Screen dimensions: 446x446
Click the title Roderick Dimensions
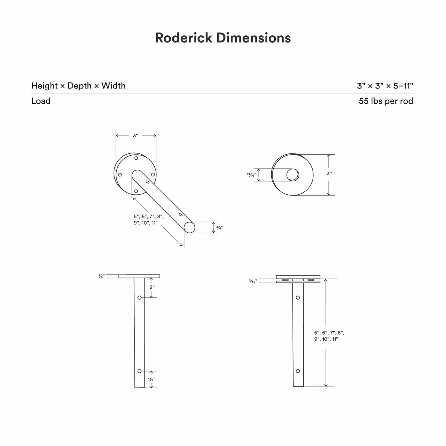[x=223, y=38]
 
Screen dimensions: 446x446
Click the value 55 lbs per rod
[x=386, y=101]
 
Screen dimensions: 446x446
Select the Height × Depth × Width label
[x=78, y=85]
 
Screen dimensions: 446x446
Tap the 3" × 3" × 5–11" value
[x=385, y=86]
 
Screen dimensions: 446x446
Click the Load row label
[x=41, y=101]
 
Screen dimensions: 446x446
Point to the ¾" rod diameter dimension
[x=220, y=227]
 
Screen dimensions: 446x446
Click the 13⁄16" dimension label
[x=252, y=175]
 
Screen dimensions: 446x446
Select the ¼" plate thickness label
[x=101, y=276]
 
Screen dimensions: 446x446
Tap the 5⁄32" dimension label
[x=253, y=281]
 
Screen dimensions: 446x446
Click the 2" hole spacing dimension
[x=152, y=287]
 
